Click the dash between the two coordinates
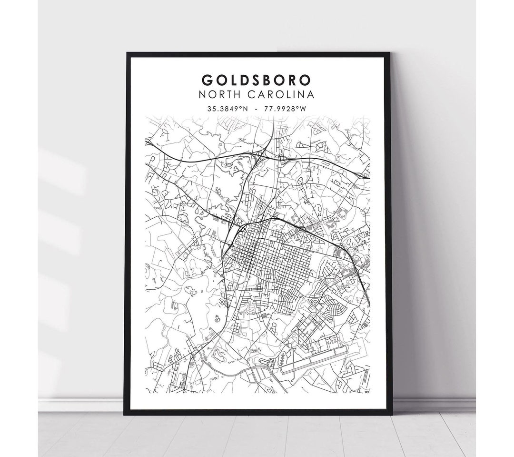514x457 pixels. pos(257,108)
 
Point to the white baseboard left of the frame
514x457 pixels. pos(81,404)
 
